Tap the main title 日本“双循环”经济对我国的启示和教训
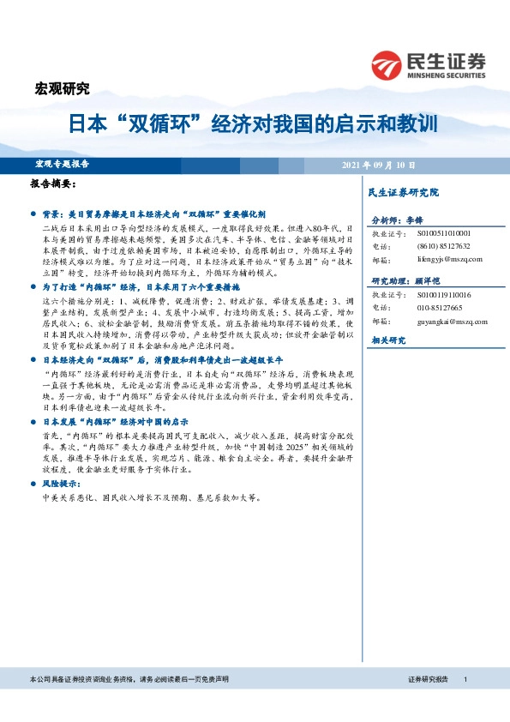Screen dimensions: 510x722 (254, 122)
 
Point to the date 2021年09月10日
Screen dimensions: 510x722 (378, 164)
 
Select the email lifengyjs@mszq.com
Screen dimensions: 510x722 (446, 258)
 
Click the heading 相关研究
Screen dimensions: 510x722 (387, 340)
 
